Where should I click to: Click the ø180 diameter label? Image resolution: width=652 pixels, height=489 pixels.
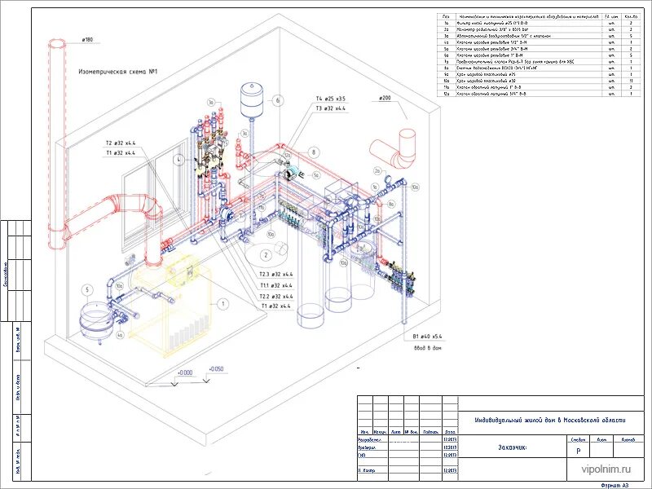point(87,39)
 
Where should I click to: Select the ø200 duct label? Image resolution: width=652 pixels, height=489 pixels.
point(385,98)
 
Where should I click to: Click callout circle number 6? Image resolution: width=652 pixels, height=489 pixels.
point(277,101)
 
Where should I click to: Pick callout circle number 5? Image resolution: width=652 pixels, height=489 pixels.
point(87,289)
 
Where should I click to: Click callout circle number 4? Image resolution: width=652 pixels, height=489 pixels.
point(178,161)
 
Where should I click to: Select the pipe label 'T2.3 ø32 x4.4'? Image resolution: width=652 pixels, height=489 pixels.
point(275,275)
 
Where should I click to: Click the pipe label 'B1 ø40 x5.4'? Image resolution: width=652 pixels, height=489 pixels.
point(426,336)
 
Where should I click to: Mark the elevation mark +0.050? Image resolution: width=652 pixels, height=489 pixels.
point(215,369)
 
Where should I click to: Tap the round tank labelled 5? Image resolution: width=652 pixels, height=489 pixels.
point(96,316)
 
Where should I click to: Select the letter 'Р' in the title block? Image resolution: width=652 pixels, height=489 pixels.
point(578,451)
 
